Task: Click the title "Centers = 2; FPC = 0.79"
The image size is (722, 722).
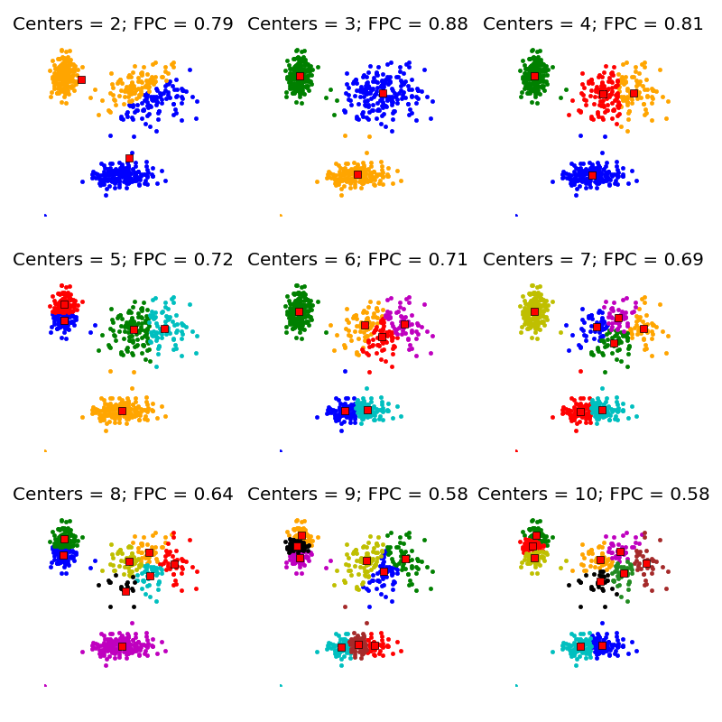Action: (123, 24)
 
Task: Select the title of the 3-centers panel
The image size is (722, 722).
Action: (357, 24)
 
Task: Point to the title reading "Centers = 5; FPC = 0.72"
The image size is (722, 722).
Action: (123, 260)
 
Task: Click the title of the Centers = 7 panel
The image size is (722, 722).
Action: (593, 260)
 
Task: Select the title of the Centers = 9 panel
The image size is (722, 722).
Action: (357, 495)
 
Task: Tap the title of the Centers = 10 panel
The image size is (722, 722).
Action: (593, 495)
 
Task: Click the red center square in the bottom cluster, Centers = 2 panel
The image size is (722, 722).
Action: (129, 158)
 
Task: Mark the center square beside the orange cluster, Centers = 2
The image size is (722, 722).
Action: (81, 79)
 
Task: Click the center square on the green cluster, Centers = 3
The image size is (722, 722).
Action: (300, 76)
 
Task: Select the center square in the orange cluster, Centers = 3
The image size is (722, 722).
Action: (357, 174)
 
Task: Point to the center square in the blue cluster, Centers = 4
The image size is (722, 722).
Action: (592, 175)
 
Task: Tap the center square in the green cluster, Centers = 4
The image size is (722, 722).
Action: (534, 76)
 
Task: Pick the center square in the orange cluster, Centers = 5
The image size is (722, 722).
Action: (122, 411)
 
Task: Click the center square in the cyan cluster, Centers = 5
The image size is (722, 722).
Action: (164, 329)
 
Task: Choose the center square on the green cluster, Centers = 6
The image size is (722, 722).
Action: (299, 311)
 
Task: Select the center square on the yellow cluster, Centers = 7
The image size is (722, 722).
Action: (534, 311)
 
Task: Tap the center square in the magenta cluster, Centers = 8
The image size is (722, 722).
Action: (122, 645)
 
